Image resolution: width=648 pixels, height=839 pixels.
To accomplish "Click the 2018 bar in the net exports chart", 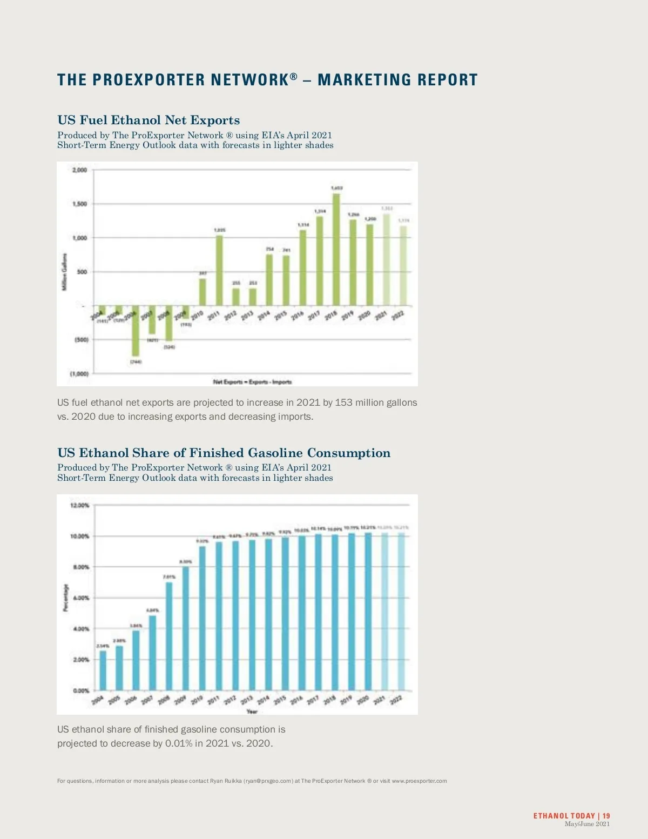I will tap(336, 250).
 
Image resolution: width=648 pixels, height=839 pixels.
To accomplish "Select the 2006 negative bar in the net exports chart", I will tap(135, 331).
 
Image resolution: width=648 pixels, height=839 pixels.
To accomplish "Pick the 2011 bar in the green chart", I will tap(219, 270).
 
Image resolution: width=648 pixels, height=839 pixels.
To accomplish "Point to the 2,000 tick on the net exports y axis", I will tap(79, 170).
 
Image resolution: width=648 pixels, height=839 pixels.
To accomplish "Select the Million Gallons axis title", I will tap(65, 272).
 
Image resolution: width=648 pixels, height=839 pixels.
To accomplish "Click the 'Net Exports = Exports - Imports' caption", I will tap(252, 382).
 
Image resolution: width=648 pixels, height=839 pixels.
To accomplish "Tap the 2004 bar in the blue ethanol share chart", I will tap(103, 670).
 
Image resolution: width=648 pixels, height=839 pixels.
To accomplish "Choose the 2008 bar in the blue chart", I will tap(169, 636).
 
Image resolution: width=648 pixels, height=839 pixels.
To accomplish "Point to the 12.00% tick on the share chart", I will tap(80, 506).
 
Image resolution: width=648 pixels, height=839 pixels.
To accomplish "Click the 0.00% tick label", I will tap(80, 690).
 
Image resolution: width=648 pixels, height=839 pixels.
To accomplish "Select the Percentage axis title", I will tap(66, 598).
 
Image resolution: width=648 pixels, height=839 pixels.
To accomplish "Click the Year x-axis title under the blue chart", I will tap(252, 712).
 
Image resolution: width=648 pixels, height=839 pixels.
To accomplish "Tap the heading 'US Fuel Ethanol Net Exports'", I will tap(148, 120).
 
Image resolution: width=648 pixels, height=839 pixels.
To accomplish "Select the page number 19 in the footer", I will tap(606, 816).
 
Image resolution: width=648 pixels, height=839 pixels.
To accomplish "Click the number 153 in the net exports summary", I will tap(343, 402).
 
